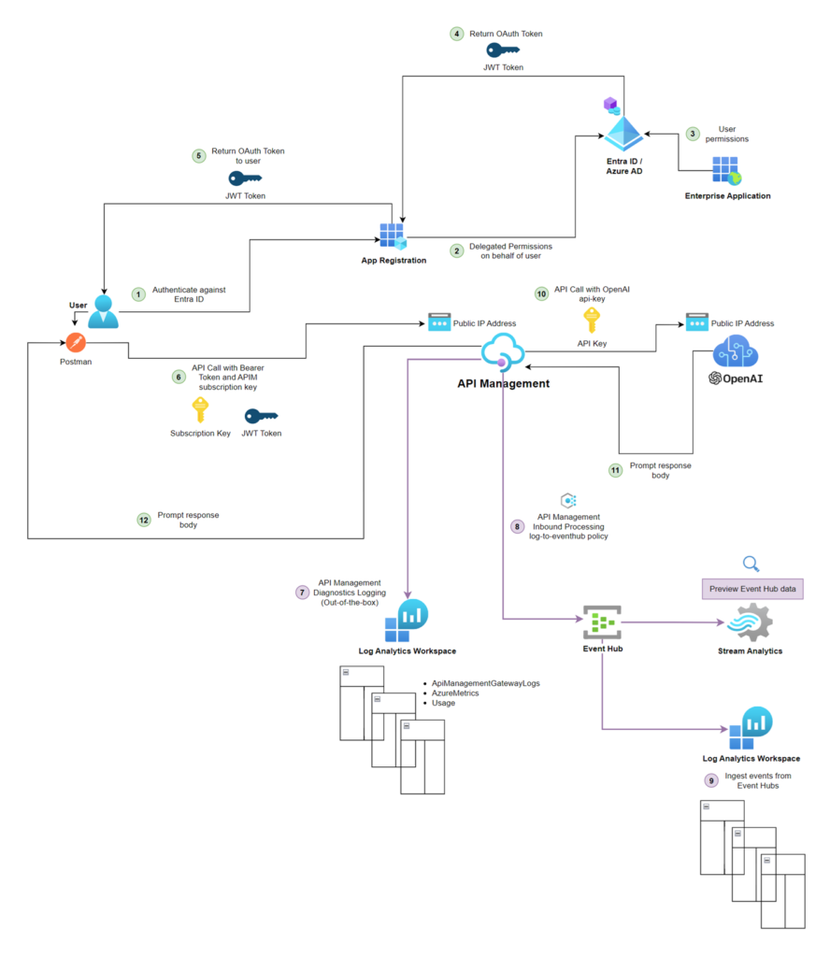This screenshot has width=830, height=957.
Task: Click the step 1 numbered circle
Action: [x=138, y=294]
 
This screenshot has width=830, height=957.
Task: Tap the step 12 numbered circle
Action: [x=143, y=520]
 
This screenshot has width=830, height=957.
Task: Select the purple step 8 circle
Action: [x=517, y=526]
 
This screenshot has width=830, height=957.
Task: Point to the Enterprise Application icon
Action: [x=727, y=171]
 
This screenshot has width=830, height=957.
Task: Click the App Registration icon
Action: [x=393, y=236]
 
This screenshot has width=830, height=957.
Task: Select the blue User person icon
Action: [x=104, y=311]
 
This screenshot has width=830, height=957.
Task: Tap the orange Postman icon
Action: [x=76, y=343]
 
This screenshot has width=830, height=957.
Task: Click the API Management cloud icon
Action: [x=503, y=354]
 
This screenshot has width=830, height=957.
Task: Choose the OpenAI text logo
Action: [x=736, y=379]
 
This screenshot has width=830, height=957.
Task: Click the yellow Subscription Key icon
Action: [x=200, y=410]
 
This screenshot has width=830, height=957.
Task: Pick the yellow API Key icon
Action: [x=592, y=321]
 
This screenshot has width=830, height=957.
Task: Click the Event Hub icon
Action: [x=603, y=621]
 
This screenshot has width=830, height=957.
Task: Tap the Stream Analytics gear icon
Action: [x=750, y=621]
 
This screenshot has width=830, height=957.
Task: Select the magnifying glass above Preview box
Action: [x=751, y=563]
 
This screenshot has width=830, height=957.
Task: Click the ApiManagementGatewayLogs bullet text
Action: [x=485, y=683]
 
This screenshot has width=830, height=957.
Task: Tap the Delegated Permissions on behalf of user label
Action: [x=509, y=250]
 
